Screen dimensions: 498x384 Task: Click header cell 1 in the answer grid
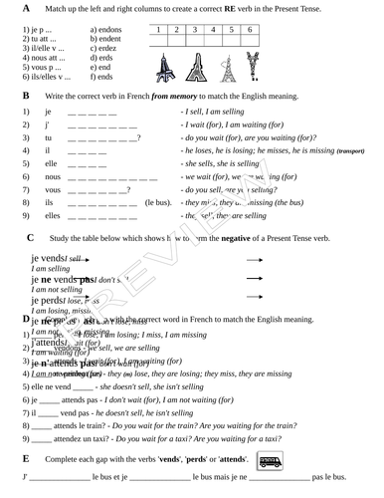pyautogui.click(x=160, y=31)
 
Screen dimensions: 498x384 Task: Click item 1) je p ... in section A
pyautogui.click(x=37, y=30)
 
